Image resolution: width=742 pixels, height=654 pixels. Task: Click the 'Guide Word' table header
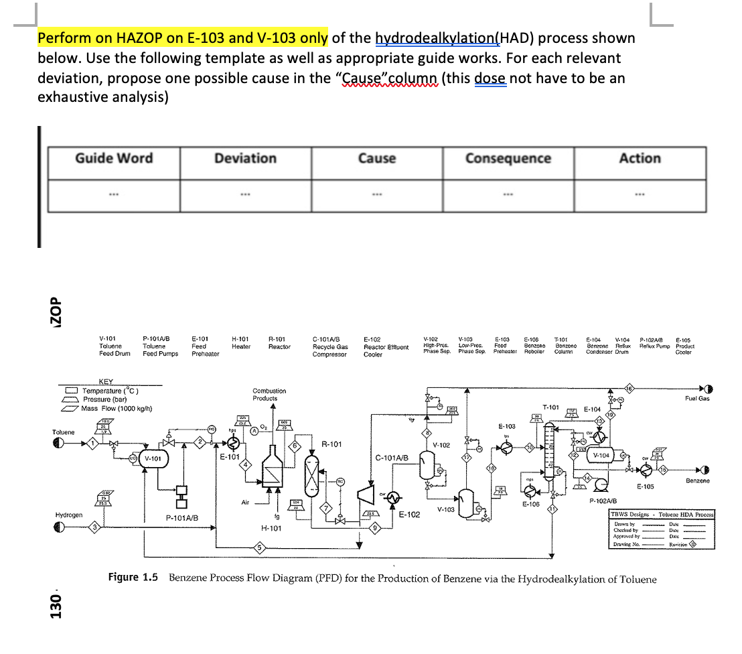113,159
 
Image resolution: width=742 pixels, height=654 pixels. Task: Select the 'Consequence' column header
508,159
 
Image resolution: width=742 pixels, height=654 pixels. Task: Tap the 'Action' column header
640,159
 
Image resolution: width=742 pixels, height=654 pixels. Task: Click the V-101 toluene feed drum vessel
153,459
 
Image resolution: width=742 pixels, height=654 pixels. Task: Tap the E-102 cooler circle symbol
394,497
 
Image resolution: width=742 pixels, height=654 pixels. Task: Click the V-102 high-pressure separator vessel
427,463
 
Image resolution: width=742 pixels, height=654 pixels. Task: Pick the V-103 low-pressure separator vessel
466,500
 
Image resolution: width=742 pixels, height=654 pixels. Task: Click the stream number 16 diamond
629,388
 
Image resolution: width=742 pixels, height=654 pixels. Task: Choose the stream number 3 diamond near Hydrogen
96,527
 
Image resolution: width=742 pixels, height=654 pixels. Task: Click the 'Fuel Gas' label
697,399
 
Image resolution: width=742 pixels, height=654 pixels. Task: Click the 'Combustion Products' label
269,394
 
